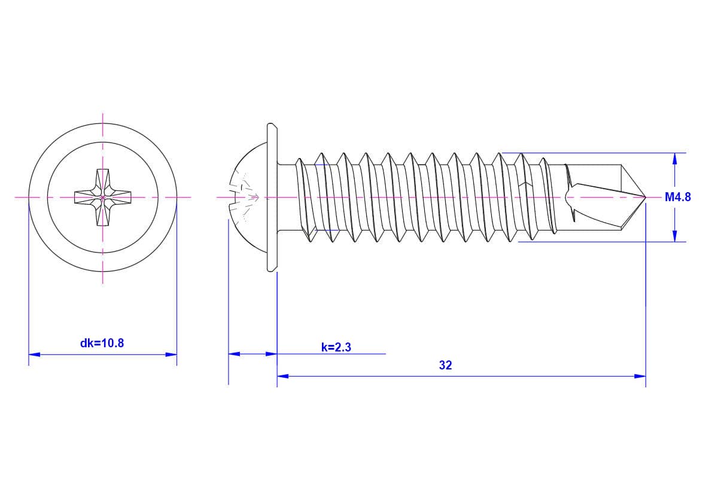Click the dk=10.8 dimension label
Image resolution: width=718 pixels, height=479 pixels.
(x=102, y=343)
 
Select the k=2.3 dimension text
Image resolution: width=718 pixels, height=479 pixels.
(x=336, y=347)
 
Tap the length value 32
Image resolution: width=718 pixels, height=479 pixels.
(x=445, y=365)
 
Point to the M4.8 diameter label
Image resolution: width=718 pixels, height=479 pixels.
(x=677, y=197)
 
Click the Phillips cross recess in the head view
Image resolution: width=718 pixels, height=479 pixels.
(x=103, y=197)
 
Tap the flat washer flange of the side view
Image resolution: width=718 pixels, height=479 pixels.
(x=272, y=197)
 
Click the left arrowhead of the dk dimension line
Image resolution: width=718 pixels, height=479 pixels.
(x=34, y=354)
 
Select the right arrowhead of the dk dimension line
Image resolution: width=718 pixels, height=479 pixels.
(x=172, y=354)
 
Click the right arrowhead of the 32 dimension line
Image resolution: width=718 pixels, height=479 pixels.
(x=640, y=376)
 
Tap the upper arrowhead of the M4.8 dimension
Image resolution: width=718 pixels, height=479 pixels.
(x=675, y=158)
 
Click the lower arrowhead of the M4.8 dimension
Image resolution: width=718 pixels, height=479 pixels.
(x=675, y=237)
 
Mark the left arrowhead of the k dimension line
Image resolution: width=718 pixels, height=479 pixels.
(x=234, y=354)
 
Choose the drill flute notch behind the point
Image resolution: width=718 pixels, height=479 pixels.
(x=572, y=196)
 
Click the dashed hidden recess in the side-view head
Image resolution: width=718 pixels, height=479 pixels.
(x=247, y=196)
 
